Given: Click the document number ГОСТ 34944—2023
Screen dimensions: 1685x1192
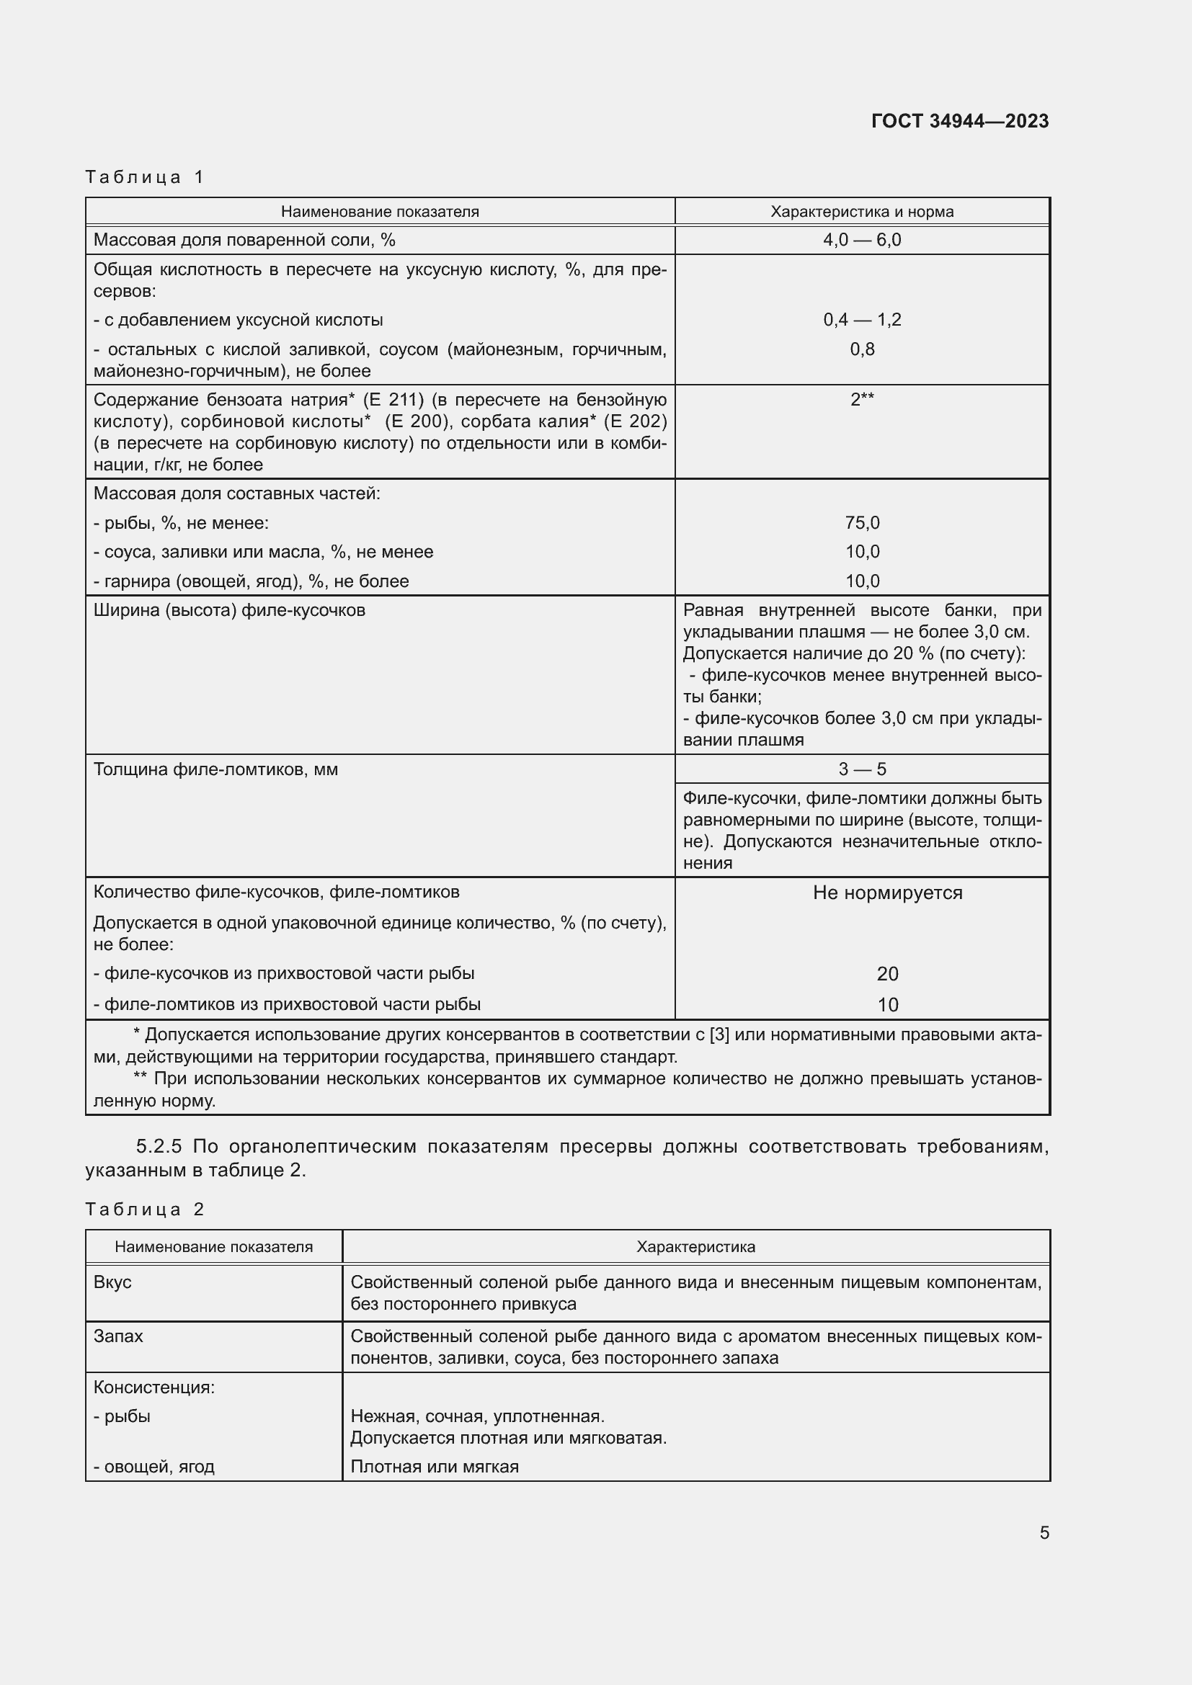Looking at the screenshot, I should click(x=959, y=121).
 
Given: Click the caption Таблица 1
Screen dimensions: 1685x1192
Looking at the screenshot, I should click(x=145, y=177).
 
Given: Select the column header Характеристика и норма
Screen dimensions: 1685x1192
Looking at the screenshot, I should click(x=862, y=212).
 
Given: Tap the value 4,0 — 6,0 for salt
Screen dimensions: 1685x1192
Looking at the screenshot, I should click(x=862, y=240).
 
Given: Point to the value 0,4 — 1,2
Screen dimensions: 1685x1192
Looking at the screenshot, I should click(x=862, y=320).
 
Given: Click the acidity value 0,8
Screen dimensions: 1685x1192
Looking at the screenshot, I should click(x=862, y=349).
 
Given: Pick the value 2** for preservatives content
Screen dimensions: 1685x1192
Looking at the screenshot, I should click(x=862, y=400).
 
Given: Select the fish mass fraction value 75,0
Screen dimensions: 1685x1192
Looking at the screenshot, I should click(x=862, y=522).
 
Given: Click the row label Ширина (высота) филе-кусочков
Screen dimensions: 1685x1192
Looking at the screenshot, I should click(x=229, y=611).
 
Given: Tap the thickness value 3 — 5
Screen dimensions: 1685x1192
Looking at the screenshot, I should click(x=862, y=769).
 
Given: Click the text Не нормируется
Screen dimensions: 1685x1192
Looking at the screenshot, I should click(x=886, y=893).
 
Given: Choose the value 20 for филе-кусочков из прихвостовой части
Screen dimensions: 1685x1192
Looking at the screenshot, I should click(x=886, y=974).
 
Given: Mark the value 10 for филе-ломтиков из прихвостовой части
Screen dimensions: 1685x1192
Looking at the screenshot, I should click(x=886, y=1005).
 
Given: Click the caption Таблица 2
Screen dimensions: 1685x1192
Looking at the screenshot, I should click(x=145, y=1209).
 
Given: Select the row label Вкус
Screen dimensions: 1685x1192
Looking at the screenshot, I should click(x=112, y=1282).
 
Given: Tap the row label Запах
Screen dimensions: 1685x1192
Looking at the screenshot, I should click(x=118, y=1336).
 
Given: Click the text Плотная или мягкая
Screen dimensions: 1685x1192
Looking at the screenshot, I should click(x=435, y=1466).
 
